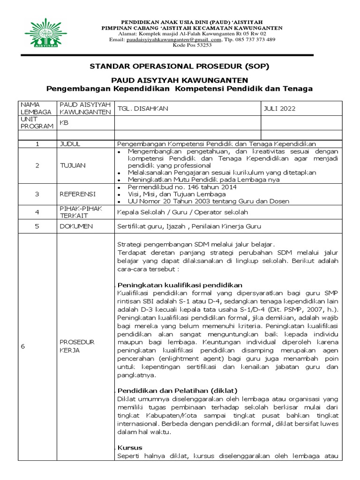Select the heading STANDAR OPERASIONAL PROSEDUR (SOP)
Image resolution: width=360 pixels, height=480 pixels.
coord(180,66)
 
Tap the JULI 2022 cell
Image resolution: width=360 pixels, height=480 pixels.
coord(279,108)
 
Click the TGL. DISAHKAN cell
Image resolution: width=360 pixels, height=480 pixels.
coord(142,108)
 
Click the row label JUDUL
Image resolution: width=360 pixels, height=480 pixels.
coord(69,143)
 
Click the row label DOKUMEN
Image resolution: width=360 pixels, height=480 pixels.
coord(75,226)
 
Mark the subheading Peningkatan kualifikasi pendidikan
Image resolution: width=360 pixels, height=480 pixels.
coord(180,285)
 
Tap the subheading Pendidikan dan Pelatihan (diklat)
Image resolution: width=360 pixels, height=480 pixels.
coord(177,390)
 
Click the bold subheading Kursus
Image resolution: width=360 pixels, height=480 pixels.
coord(130,447)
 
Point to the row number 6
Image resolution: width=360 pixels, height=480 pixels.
coord(22,346)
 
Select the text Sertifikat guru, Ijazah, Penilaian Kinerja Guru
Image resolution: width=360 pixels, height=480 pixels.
coord(188,226)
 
